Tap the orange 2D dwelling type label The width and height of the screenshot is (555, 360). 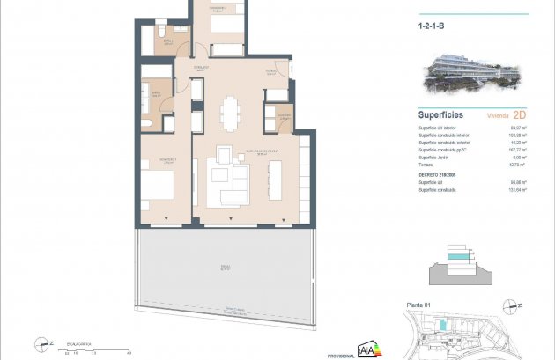[519, 114]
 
